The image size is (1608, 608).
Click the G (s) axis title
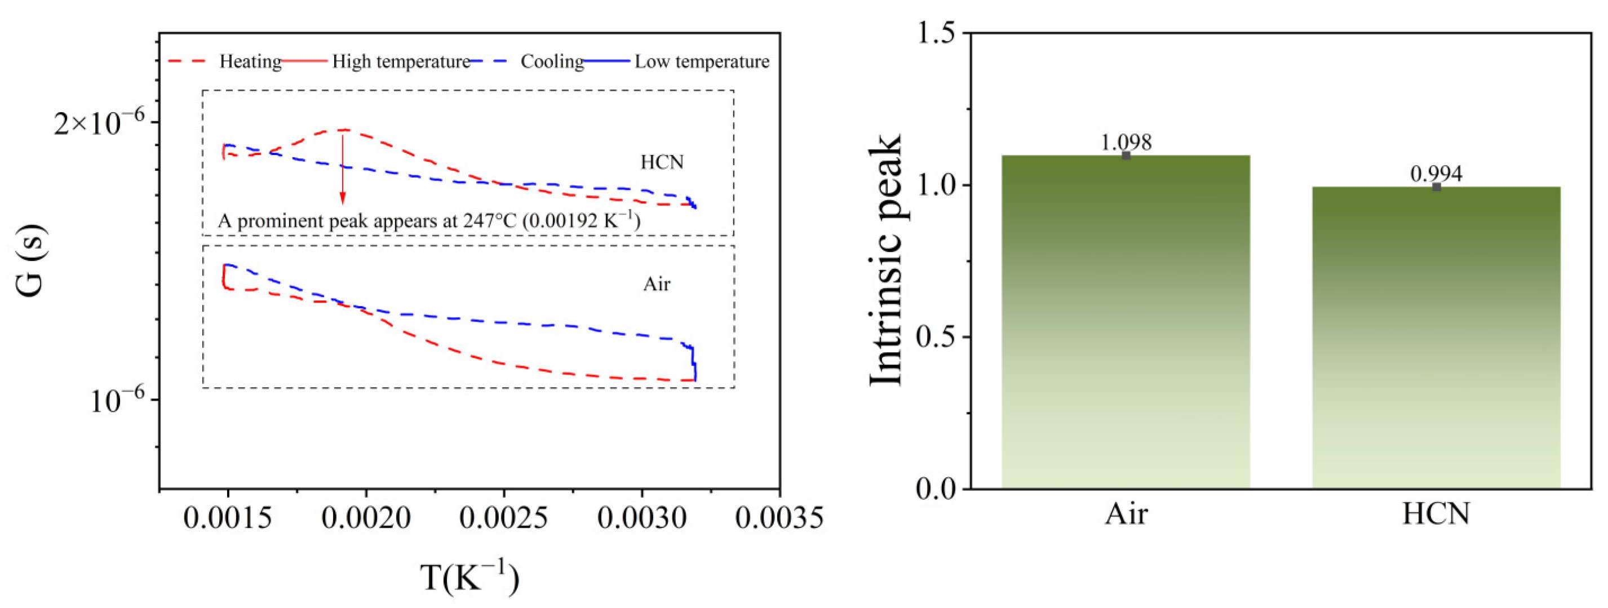point(31,260)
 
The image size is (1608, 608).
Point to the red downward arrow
point(342,167)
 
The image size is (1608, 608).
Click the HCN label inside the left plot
point(662,163)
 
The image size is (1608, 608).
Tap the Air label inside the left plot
point(657,285)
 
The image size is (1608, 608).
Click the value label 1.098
point(1126,143)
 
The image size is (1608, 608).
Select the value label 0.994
point(1436,174)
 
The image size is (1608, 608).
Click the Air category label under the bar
point(1126,514)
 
